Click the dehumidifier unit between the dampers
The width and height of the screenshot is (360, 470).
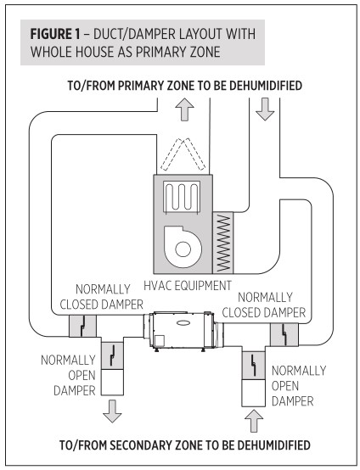click(177, 331)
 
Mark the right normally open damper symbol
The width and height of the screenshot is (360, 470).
click(256, 366)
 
